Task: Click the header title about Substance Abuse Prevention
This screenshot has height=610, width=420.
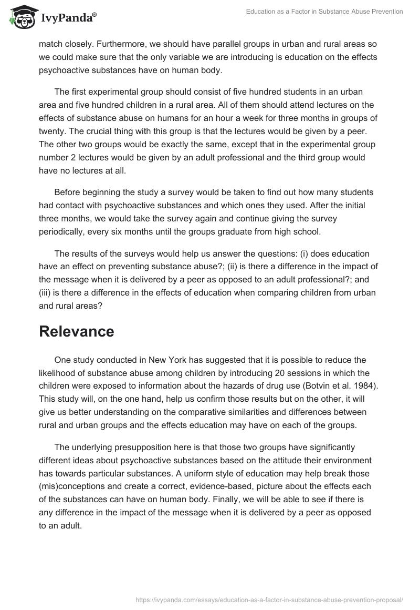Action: [x=324, y=12]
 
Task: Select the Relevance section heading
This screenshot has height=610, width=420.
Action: [x=77, y=331]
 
